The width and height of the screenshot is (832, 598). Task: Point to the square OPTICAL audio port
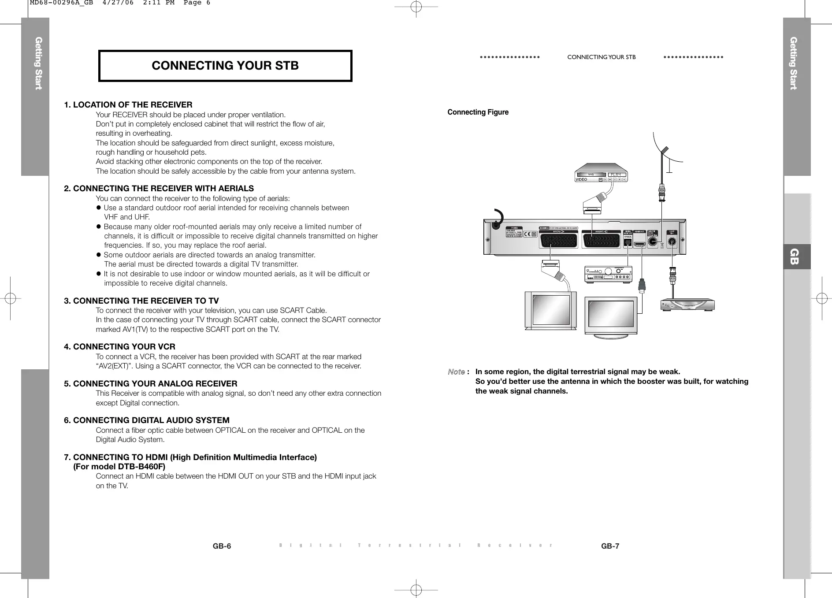[628, 242]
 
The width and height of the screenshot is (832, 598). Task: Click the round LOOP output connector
[672, 241]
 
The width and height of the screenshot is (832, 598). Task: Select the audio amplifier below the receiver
[608, 274]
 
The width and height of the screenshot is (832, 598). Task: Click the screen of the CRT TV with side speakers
[551, 309]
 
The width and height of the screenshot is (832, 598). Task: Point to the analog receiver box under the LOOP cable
[687, 305]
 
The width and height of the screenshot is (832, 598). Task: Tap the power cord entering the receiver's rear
[497, 220]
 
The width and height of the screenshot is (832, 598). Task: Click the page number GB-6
[222, 546]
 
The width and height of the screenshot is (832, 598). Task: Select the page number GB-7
[610, 546]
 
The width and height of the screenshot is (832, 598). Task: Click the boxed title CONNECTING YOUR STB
[225, 66]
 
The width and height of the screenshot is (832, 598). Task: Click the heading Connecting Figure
[478, 112]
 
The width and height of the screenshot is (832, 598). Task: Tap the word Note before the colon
[456, 372]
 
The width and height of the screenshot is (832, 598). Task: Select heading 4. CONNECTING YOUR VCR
[119, 347]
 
